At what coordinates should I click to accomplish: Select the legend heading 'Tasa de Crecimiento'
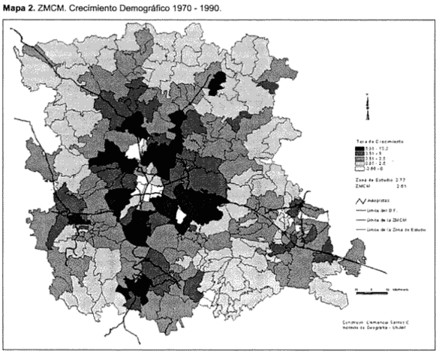tap(380, 141)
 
